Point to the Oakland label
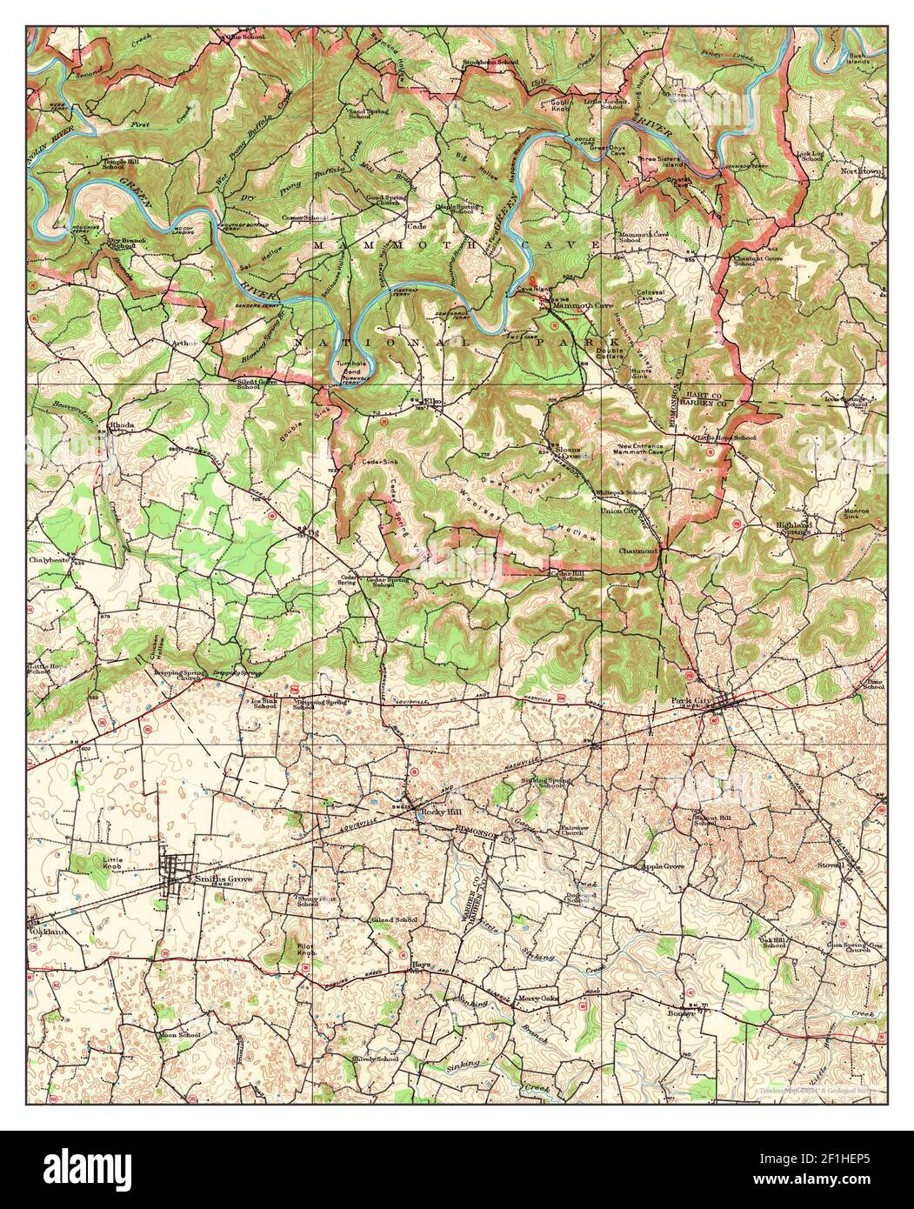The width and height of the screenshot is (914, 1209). click(x=49, y=932)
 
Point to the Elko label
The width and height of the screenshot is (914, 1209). click(x=432, y=402)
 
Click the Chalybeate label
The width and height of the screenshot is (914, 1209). click(x=49, y=561)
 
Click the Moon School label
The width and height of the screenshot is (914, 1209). click(x=178, y=1036)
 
